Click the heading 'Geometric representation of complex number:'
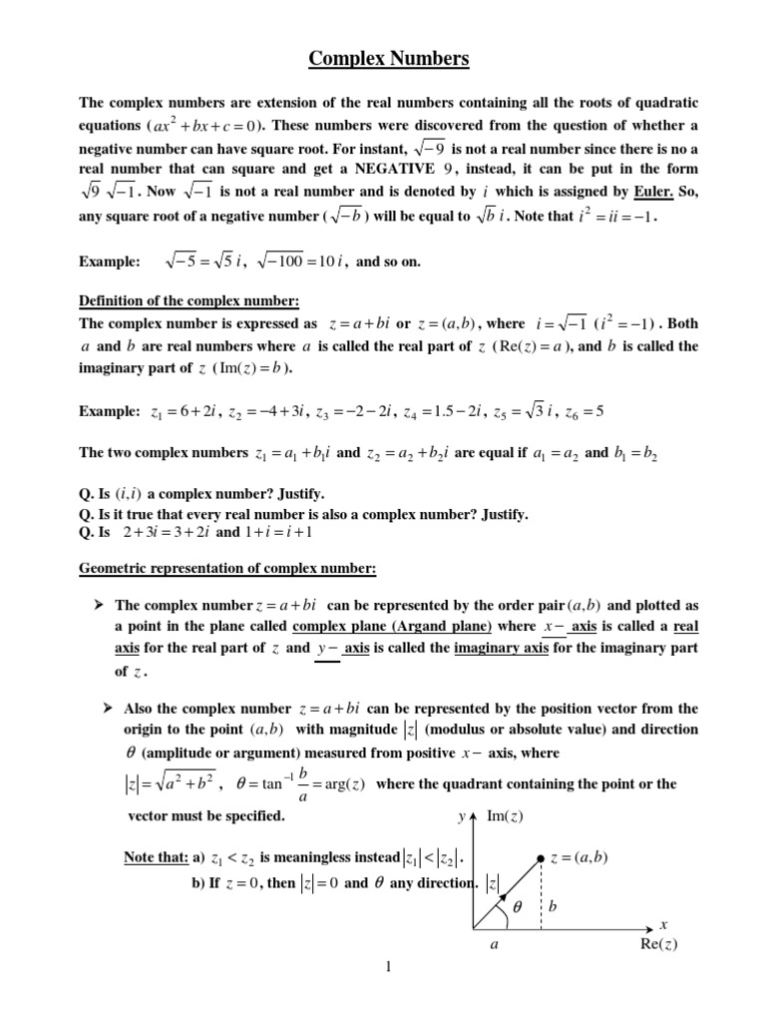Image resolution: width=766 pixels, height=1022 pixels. [x=227, y=569]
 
